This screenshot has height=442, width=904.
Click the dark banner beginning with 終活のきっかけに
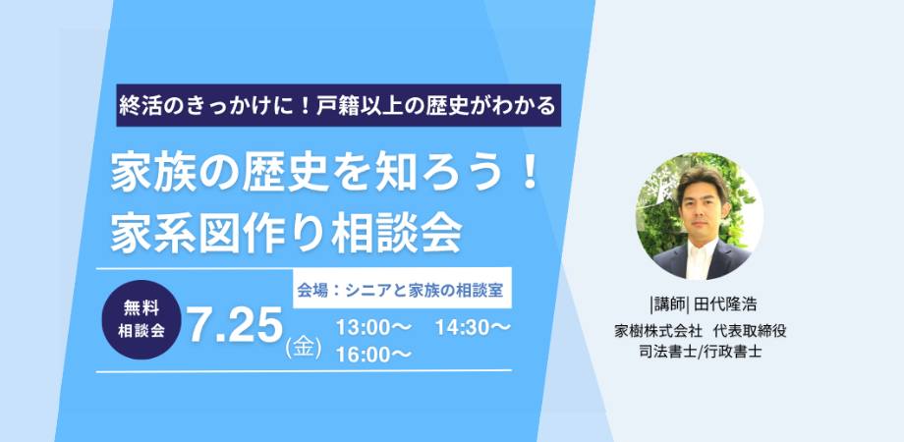click(x=338, y=105)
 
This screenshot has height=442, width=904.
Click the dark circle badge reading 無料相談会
click(x=141, y=320)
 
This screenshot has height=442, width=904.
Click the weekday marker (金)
click(x=304, y=350)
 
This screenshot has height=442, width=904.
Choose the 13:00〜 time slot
click(x=373, y=328)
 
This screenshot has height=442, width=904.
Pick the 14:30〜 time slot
click(x=473, y=328)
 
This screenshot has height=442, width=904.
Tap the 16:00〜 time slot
click(x=373, y=355)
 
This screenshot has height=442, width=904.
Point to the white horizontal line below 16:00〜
click(x=304, y=370)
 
